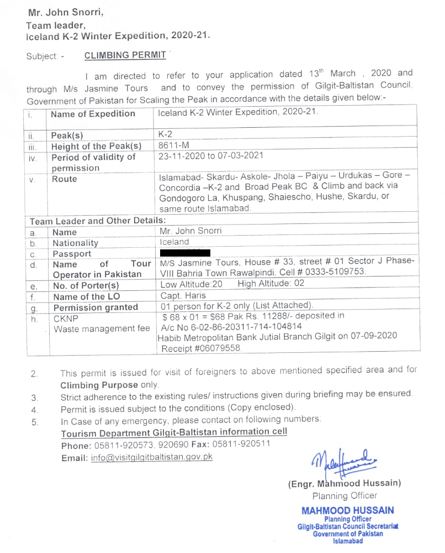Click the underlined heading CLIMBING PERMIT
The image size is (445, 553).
pyautogui.click(x=125, y=55)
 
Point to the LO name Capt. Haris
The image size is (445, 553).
pyautogui.click(x=183, y=295)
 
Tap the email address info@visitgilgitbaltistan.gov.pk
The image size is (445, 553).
pyautogui.click(x=152, y=457)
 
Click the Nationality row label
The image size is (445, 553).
pyautogui.click(x=75, y=243)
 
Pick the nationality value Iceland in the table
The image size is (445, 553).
pyautogui.click(x=174, y=242)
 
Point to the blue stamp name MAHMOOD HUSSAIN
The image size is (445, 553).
pyautogui.click(x=347, y=510)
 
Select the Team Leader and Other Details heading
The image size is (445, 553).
pyautogui.click(x=94, y=221)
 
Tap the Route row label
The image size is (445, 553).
pyautogui.click(x=64, y=179)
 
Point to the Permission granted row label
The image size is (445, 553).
pyautogui.click(x=95, y=307)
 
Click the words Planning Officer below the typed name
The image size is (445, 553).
pyautogui.click(x=345, y=496)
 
